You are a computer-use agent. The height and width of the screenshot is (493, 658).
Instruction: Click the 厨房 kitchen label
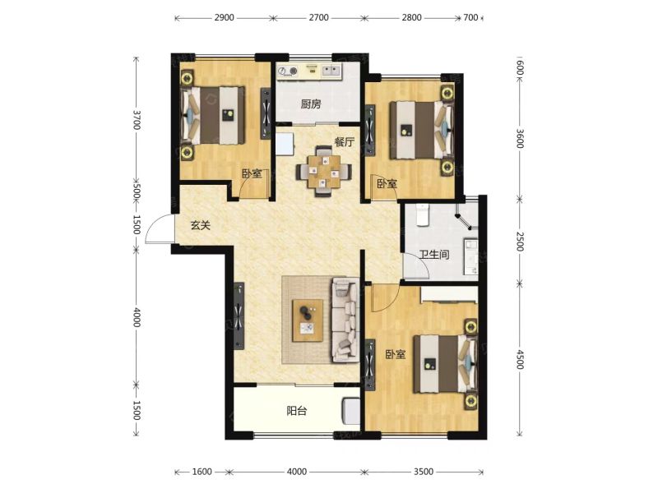[311, 104]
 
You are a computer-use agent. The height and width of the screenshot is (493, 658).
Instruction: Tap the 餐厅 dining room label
[345, 141]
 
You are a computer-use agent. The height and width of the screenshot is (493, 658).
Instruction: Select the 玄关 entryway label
[200, 225]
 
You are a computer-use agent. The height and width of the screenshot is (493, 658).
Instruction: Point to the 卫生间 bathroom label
[434, 255]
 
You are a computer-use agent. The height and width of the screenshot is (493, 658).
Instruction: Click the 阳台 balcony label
[297, 410]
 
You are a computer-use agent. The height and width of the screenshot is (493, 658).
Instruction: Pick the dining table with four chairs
[323, 171]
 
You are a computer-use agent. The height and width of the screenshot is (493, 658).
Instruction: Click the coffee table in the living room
[308, 320]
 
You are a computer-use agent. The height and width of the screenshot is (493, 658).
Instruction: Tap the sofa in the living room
[345, 320]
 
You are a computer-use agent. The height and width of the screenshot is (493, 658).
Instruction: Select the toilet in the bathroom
[422, 214]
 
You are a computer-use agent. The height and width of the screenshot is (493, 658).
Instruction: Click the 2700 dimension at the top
[318, 17]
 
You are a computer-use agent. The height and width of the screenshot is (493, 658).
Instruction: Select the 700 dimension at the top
[470, 17]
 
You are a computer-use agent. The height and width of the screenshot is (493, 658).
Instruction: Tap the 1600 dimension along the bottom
[202, 472]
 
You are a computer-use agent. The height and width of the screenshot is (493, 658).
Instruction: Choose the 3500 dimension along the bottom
[423, 472]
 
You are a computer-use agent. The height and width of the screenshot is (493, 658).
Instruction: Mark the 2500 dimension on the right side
[520, 242]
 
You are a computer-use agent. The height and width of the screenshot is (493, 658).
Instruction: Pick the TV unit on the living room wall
[239, 316]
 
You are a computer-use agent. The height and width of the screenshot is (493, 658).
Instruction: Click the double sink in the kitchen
[332, 71]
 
